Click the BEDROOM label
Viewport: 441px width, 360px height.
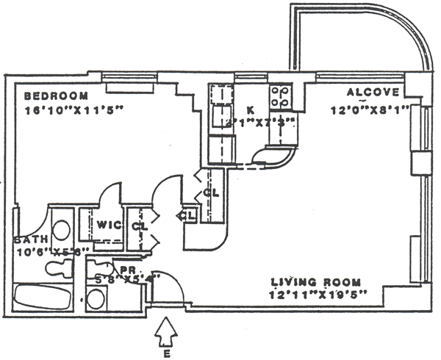tap(56, 96)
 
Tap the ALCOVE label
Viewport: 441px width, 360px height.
tap(373, 93)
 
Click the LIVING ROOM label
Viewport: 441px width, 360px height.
tap(316, 282)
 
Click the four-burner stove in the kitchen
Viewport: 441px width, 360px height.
tap(280, 95)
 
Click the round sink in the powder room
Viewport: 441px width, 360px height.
tap(96, 298)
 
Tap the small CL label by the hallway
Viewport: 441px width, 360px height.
tap(186, 215)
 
